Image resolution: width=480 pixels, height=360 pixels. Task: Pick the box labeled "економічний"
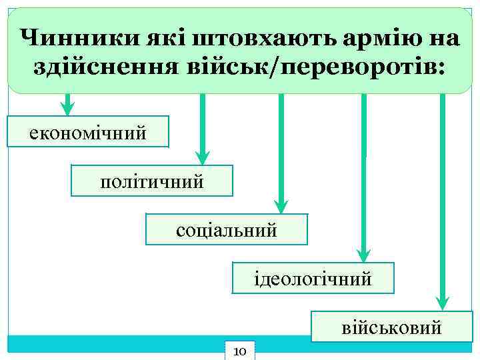[87, 131]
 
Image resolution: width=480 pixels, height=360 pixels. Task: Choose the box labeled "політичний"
[152, 181]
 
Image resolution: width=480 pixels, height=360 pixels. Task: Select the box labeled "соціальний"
[226, 229]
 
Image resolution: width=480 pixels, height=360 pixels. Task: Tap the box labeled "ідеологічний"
[313, 278]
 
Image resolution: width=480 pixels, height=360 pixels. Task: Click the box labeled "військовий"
[392, 327]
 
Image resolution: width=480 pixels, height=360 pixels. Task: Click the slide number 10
[241, 351]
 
